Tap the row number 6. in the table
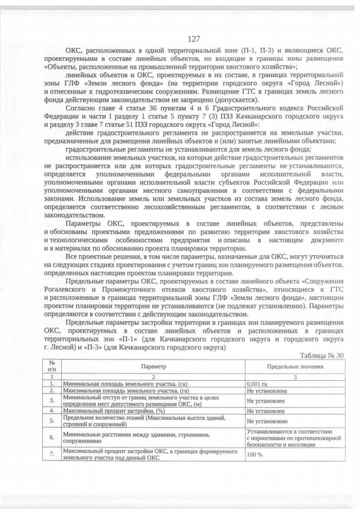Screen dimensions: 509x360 [51, 436]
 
